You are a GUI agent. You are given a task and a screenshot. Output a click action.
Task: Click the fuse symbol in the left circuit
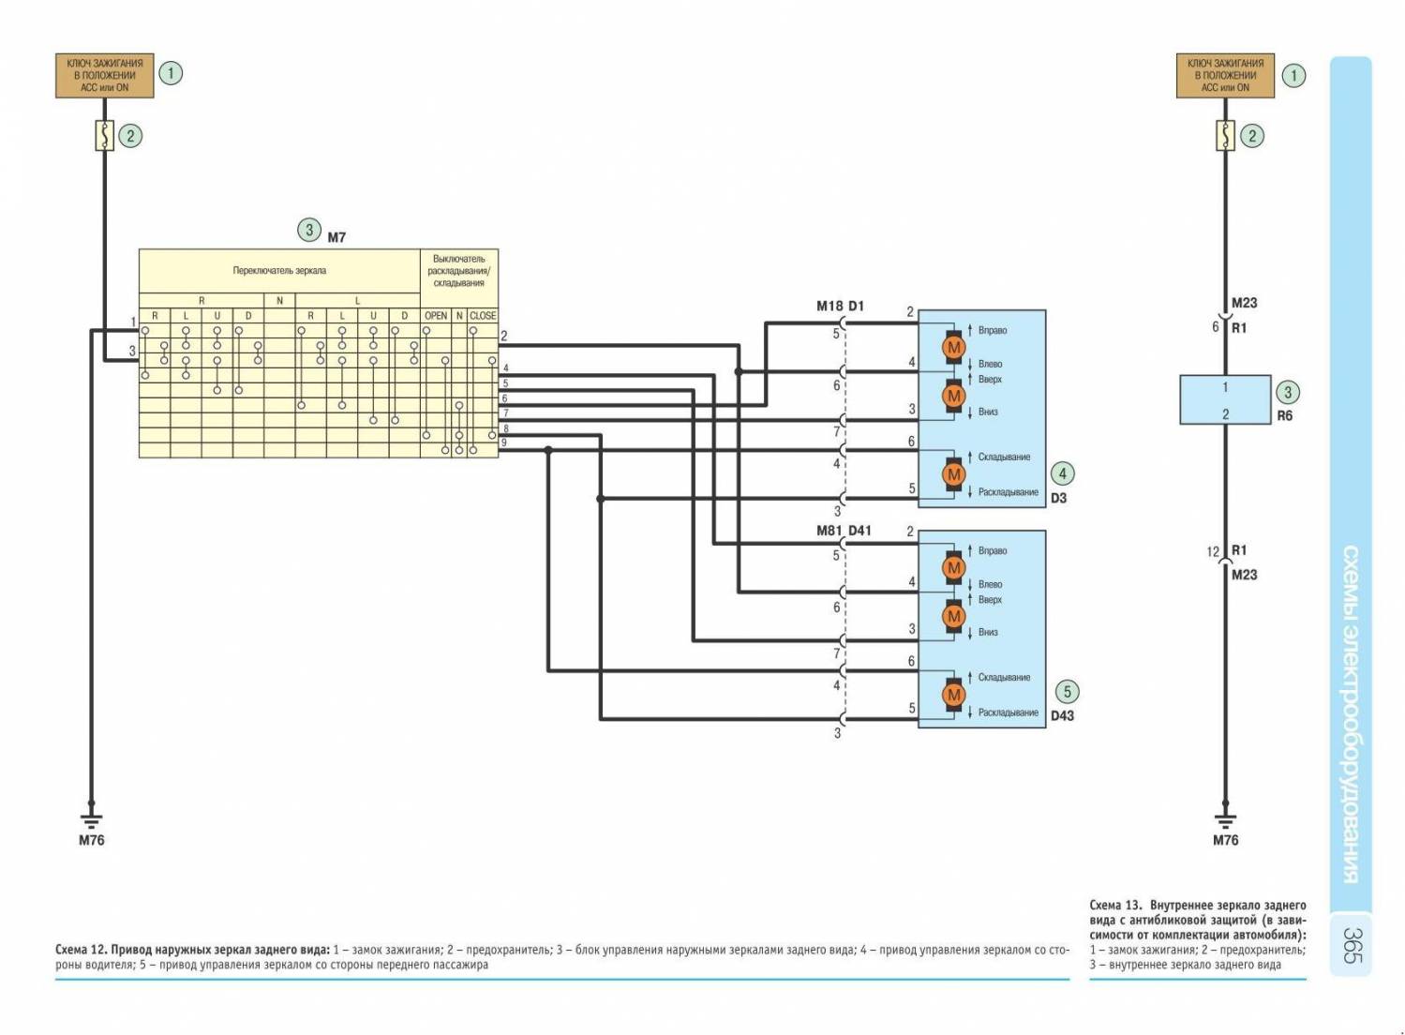tap(104, 136)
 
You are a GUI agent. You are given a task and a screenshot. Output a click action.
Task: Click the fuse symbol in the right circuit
tap(1225, 136)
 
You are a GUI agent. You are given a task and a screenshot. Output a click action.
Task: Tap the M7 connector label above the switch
tap(336, 237)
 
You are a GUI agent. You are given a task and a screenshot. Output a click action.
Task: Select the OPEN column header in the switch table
tap(436, 316)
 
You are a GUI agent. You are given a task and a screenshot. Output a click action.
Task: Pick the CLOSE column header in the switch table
tap(483, 316)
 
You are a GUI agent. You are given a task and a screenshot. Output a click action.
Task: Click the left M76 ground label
tap(91, 840)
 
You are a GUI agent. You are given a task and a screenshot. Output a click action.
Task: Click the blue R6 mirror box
tap(1225, 400)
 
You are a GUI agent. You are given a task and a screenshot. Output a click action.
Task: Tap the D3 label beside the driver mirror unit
tap(1058, 498)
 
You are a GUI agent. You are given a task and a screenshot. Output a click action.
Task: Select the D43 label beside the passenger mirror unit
tap(1062, 715)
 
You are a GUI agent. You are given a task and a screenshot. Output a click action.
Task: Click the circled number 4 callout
tap(1062, 473)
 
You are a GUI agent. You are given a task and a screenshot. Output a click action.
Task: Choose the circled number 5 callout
tap(1067, 692)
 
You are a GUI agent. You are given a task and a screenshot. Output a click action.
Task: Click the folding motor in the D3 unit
tap(954, 474)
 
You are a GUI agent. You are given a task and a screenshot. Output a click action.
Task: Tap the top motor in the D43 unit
tap(954, 567)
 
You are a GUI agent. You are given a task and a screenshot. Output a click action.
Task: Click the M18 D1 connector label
tap(840, 306)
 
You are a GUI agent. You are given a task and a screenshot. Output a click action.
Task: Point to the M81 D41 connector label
tap(844, 531)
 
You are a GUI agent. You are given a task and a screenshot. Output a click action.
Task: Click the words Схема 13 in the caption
tap(1115, 906)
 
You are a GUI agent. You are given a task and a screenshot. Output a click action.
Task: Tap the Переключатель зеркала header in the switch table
tap(279, 271)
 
